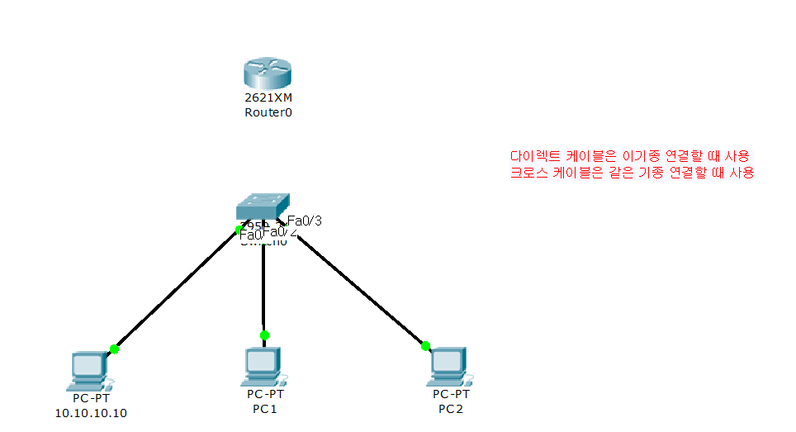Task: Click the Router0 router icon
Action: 268,74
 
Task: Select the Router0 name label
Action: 268,112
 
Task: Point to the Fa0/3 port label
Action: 304,221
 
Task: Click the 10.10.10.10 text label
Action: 91,413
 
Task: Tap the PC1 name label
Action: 264,408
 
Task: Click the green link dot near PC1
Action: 264,335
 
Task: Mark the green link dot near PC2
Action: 425,345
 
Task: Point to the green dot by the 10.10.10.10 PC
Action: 114,349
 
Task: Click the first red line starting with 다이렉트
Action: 631,156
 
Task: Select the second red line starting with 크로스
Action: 633,173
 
